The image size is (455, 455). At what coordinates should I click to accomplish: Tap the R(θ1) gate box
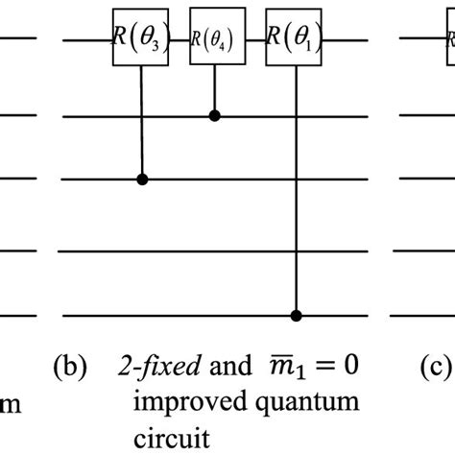tap(293, 40)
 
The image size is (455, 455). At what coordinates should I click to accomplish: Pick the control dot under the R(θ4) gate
tap(213, 115)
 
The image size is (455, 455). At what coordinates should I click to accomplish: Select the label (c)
tap(417, 366)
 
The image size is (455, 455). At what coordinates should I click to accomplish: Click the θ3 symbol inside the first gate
tap(152, 42)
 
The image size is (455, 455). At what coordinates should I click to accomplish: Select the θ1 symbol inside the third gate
tap(300, 42)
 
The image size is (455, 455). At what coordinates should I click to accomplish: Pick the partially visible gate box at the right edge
tap(447, 40)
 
